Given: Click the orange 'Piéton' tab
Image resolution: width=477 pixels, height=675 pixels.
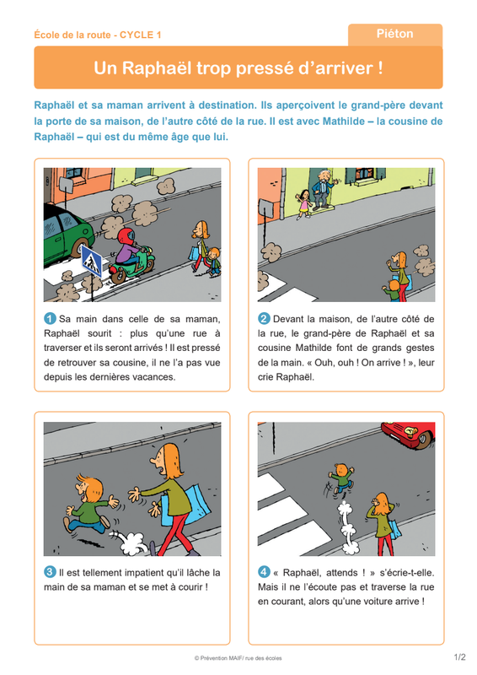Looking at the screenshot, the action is pyautogui.click(x=395, y=35).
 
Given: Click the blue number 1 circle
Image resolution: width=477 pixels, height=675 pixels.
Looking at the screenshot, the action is pyautogui.click(x=50, y=319).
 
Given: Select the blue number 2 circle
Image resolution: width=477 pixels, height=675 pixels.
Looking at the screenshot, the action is pyautogui.click(x=264, y=319).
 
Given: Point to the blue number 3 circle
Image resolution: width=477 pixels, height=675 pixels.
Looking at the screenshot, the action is pyautogui.click(x=50, y=572).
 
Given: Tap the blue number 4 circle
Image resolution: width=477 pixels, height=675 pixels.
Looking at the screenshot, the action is pyautogui.click(x=264, y=572).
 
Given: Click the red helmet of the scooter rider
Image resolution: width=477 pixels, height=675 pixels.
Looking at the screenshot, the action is pyautogui.click(x=126, y=236).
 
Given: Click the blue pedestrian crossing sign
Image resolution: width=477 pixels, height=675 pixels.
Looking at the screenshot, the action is pyautogui.click(x=91, y=261).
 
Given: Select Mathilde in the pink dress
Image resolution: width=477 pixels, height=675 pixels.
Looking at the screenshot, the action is pyautogui.click(x=303, y=204).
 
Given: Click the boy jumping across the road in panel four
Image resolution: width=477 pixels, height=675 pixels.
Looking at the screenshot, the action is pyautogui.click(x=341, y=478).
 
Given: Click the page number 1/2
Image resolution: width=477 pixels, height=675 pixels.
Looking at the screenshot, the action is pyautogui.click(x=459, y=657).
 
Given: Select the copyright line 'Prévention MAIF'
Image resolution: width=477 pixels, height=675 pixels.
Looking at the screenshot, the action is pyautogui.click(x=238, y=658).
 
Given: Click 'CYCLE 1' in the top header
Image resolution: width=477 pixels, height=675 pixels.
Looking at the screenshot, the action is pyautogui.click(x=140, y=35).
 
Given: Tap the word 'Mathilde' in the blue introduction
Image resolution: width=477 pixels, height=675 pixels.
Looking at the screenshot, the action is pyautogui.click(x=343, y=121).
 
